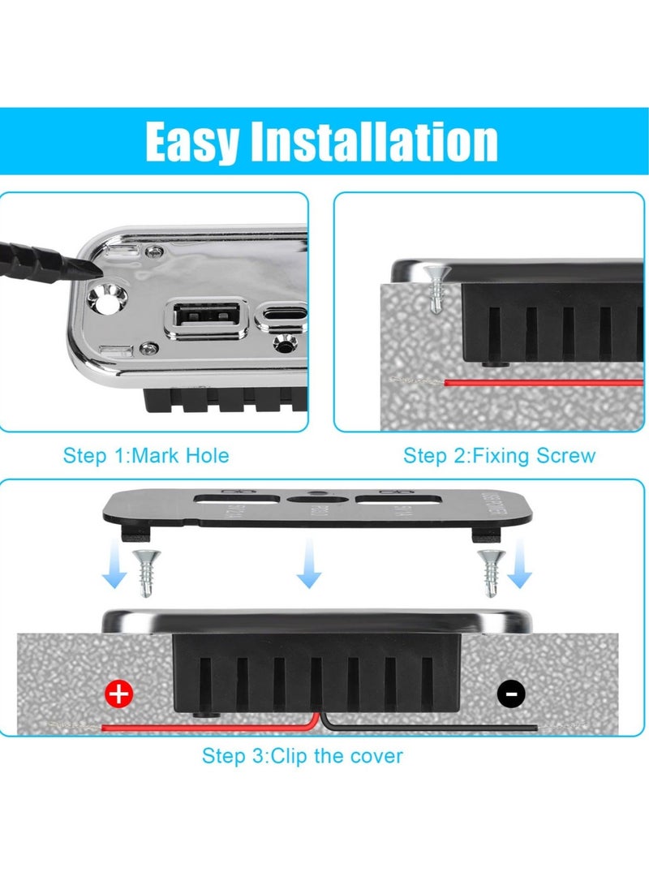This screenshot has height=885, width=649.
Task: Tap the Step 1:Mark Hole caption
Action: point(146,456)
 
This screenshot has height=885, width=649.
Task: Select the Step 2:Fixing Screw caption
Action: point(499,456)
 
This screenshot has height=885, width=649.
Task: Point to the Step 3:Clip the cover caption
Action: point(303,756)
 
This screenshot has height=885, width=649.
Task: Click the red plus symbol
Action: point(119,694)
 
